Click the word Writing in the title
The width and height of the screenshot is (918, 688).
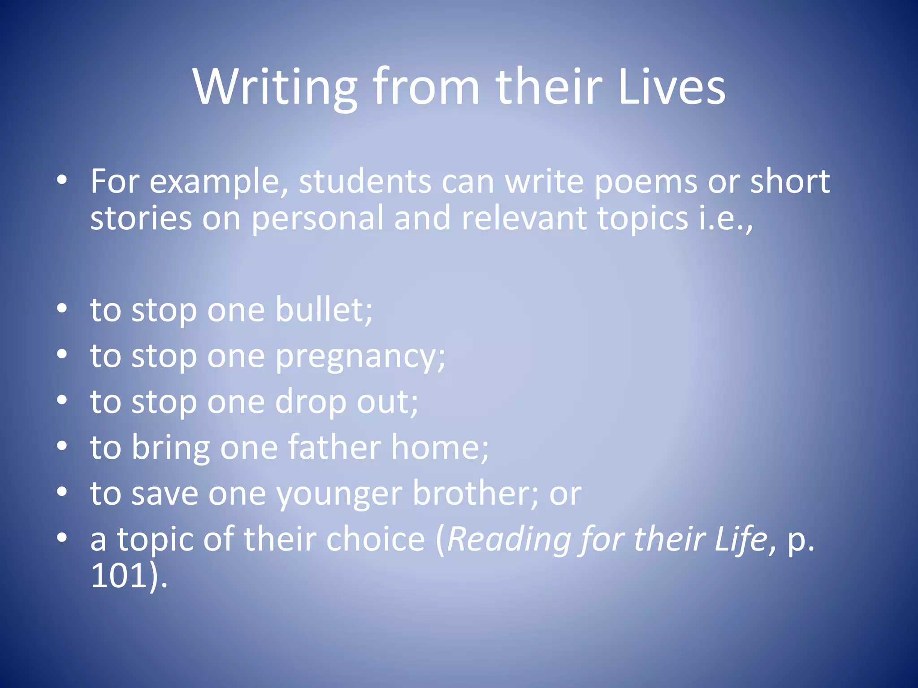point(275,87)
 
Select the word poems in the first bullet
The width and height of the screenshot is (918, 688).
point(645,182)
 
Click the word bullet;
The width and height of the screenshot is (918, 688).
point(323,310)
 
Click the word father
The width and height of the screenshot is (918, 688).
point(334,447)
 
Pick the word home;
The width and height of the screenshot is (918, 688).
point(440,447)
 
